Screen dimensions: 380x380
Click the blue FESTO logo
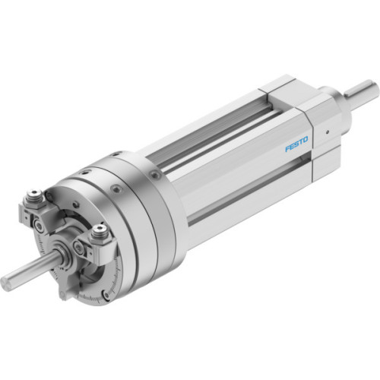[296, 144]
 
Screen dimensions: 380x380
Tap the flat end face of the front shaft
[6, 283]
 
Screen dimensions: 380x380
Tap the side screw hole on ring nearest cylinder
[155, 176]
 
